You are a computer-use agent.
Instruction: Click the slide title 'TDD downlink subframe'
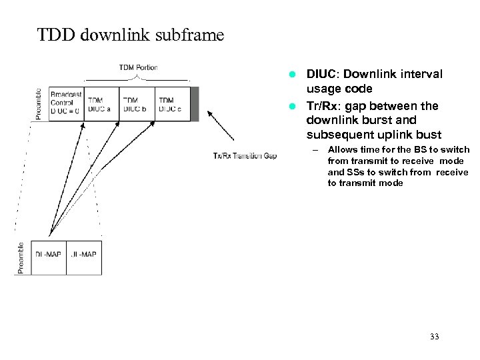coord(131,34)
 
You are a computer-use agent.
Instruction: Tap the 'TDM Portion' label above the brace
coord(139,67)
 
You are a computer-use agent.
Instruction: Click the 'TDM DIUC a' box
coord(101,104)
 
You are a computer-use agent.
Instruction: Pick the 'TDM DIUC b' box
coord(137,104)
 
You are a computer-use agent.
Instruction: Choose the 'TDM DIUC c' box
coord(172,104)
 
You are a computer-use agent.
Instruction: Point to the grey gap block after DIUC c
coord(194,104)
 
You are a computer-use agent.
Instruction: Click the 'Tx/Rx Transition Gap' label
coord(245,156)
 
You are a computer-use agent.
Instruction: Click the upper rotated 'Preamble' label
coord(38,104)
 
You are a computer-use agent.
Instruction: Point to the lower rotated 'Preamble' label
coord(21,258)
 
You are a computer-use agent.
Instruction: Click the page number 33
coord(435,337)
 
